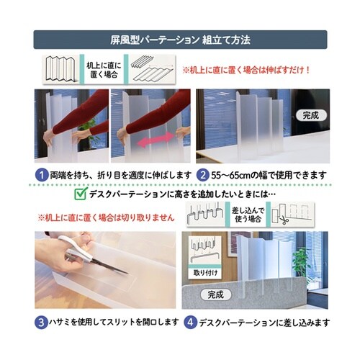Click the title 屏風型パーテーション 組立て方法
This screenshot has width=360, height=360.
tap(179, 38)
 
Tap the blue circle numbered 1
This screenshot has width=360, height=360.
tap(42, 175)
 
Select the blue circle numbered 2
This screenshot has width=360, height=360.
tap(204, 175)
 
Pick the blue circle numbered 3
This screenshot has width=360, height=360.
tap(42, 322)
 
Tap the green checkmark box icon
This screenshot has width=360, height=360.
tap(80, 194)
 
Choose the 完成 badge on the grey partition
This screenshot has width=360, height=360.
tap(215, 294)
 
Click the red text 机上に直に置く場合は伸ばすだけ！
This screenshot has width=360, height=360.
tap(246, 71)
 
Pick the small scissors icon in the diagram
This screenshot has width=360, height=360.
tap(284, 214)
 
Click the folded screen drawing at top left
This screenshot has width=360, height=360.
tap(60, 69)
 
